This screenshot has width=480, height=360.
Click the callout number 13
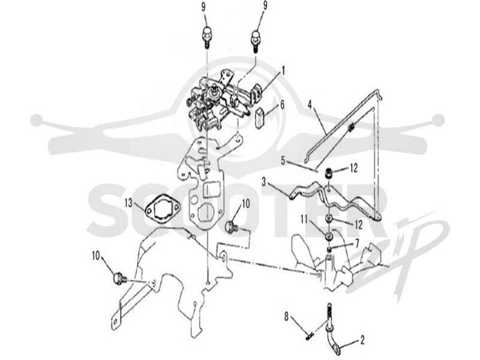coord(129,203)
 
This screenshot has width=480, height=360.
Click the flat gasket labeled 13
coord(162,211)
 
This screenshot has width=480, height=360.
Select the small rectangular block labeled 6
coord(260,117)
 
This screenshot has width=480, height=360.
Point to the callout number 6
coord(281,104)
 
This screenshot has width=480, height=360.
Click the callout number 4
coord(310,106)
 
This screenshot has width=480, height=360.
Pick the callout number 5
coord(283,160)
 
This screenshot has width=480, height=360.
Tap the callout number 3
coord(264,183)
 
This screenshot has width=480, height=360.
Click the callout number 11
coord(304,220)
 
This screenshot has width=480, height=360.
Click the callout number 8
coord(287,317)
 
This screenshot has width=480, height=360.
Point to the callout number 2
coord(362,340)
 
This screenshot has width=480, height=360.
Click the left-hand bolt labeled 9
coord(207,37)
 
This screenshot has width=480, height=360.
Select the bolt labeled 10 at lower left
coord(119,278)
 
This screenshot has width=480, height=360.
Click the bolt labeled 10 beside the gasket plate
coord(233,227)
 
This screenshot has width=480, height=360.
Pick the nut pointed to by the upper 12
coord(329,173)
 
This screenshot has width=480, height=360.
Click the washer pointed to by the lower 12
coord(329,218)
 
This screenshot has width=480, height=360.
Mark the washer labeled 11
coord(329,236)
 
